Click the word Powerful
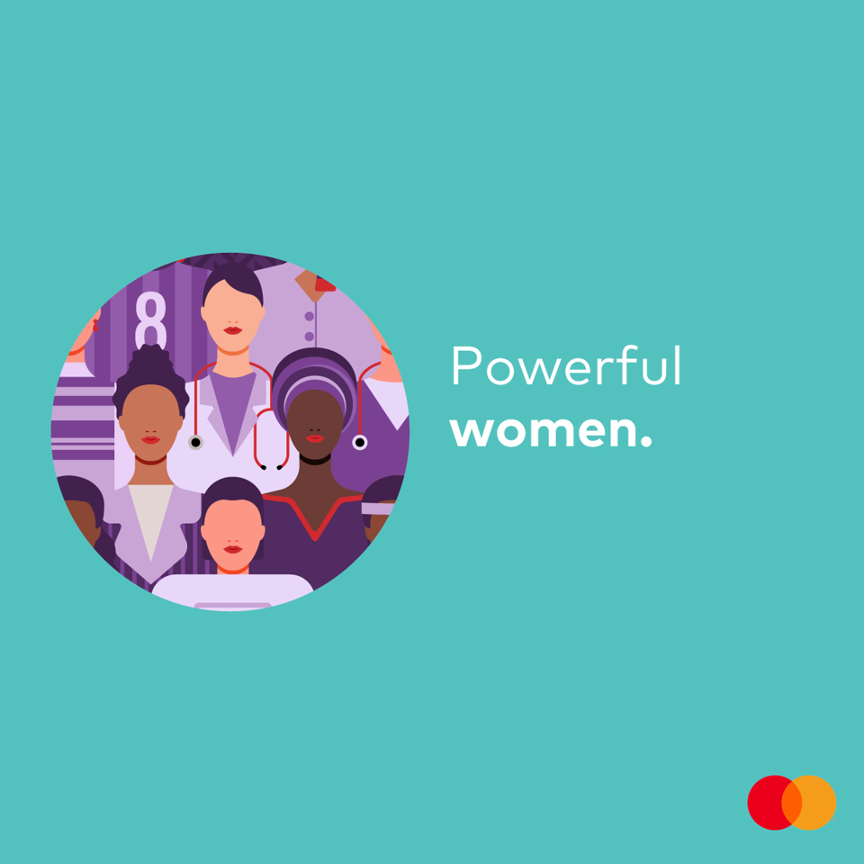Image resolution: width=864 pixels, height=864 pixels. (x=566, y=365)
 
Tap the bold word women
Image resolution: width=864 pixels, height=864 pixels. (x=544, y=433)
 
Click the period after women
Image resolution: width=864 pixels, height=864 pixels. (x=646, y=441)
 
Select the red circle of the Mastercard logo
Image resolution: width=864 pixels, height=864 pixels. (x=770, y=802)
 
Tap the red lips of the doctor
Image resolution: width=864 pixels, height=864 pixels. (x=232, y=330)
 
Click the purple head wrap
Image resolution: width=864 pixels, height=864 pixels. (x=315, y=380)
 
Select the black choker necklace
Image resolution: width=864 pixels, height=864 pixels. (x=315, y=460)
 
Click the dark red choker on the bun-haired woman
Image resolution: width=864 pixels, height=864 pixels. (x=150, y=460)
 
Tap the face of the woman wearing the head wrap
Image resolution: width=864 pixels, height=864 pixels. (x=315, y=424)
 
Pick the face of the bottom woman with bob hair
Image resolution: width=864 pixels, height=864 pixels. (x=232, y=535)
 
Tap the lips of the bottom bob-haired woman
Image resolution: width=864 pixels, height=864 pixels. (x=232, y=549)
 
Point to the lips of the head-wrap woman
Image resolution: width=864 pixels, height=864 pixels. (x=315, y=438)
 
